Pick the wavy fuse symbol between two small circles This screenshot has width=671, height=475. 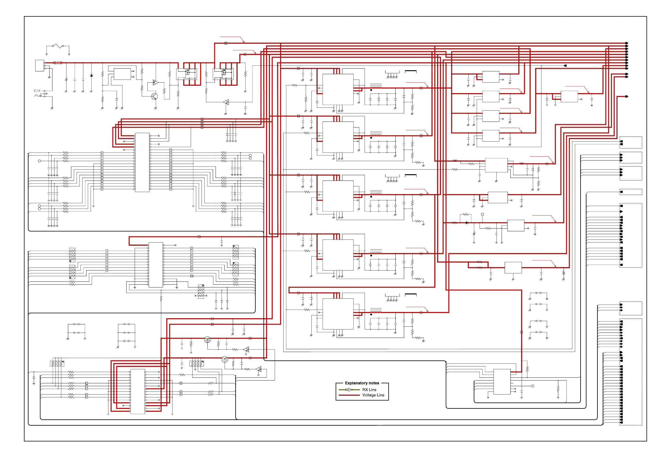click(58, 46)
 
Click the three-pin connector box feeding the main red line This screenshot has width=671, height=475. click(39, 65)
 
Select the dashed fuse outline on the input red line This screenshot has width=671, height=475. click(58, 63)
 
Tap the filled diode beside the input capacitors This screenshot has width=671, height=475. click(92, 76)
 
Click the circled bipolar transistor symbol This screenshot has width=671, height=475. click(154, 96)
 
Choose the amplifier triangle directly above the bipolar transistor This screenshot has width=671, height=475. click(156, 82)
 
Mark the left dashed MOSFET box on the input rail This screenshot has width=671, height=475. click(187, 74)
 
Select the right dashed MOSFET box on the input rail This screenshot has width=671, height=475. click(223, 74)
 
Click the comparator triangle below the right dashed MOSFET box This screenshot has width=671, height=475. click(226, 102)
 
